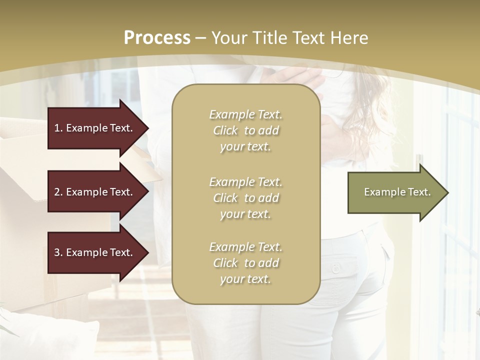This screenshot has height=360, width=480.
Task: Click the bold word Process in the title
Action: click(157, 38)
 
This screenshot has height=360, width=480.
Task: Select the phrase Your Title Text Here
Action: click(290, 38)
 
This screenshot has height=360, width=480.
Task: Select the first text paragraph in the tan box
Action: click(245, 130)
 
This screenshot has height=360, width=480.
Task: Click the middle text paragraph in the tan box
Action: click(245, 198)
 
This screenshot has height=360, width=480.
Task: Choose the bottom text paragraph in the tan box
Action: click(245, 263)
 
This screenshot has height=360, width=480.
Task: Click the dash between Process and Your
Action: click(201, 38)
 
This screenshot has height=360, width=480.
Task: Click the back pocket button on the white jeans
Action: click(335, 269)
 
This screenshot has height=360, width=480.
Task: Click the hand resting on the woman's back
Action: click(300, 77)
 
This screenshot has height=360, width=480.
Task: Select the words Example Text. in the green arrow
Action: click(397, 192)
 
